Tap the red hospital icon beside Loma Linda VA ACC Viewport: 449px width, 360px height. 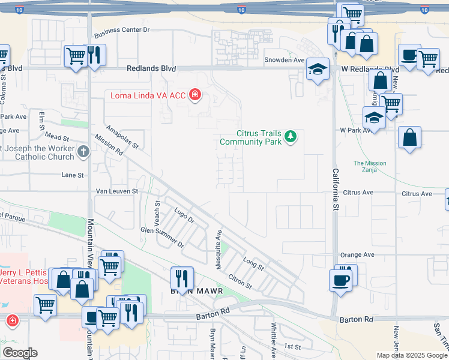pos(194,95)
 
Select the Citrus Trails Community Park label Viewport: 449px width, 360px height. pos(251,137)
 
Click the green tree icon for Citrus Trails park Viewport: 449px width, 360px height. pos(291,137)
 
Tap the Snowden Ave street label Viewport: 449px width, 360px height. pos(285,60)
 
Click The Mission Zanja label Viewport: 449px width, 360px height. pos(370,167)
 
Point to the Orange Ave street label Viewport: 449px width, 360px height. pos(357,255)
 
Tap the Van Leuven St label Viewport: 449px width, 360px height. pos(118,191)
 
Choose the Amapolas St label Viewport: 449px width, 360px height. pos(122,137)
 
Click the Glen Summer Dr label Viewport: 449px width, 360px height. pos(162,237)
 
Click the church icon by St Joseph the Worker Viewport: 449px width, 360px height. pos(83,152)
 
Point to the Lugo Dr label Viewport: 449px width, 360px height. pos(184,216)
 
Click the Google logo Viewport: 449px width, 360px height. pos(20,353)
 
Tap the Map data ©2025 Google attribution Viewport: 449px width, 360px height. pos(411,355)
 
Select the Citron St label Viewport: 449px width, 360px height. pos(240,282)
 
